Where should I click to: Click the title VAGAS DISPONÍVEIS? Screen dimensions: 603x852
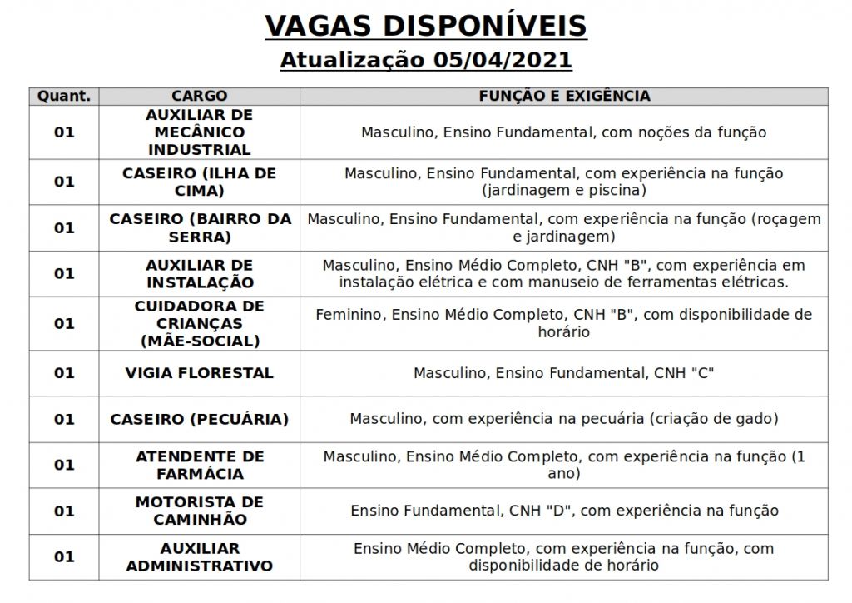click(x=425, y=26)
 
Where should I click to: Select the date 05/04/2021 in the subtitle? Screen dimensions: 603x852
click(x=502, y=61)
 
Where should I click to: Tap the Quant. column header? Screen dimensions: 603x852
click(x=64, y=96)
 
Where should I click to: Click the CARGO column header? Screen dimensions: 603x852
click(x=200, y=96)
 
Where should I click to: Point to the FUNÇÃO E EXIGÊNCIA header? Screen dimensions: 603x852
click(x=564, y=96)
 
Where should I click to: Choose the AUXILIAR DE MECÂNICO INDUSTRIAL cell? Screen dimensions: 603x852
click(x=200, y=132)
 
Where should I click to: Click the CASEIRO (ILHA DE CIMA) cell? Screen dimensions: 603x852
click(x=200, y=182)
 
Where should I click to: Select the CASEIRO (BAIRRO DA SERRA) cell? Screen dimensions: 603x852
click(x=200, y=227)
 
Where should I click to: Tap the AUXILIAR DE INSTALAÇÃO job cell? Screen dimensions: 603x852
click(x=200, y=273)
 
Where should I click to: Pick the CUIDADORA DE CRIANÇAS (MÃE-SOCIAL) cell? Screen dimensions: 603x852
click(x=200, y=323)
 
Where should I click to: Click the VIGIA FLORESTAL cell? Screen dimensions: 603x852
click(x=200, y=373)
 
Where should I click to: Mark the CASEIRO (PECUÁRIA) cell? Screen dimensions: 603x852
click(x=200, y=419)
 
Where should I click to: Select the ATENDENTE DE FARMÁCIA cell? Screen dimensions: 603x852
click(x=200, y=465)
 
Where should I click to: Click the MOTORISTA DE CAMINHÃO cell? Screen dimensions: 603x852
click(x=200, y=511)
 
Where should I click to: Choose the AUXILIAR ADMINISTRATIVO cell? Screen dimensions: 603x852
click(x=200, y=556)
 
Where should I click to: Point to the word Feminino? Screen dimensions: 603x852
click(x=349, y=315)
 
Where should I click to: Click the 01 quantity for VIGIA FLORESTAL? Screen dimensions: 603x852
click(x=64, y=373)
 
